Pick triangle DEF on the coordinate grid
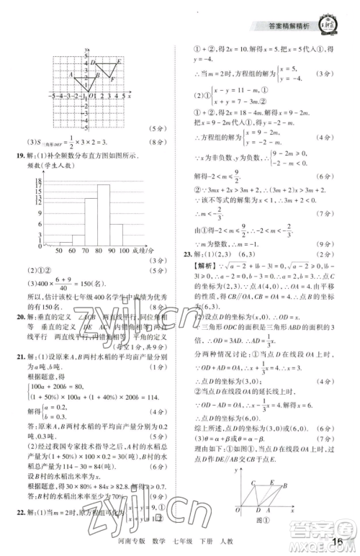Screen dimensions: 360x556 pos(107,71)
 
